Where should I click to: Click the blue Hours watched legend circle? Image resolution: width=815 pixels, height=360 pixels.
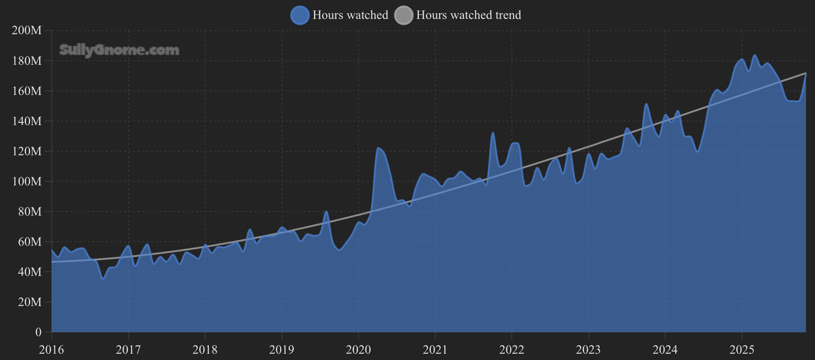[300, 15]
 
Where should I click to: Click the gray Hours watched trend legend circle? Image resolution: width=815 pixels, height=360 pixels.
[403, 15]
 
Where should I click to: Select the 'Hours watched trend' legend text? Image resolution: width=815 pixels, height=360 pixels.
[468, 15]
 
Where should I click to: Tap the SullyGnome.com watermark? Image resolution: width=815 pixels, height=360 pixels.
[119, 50]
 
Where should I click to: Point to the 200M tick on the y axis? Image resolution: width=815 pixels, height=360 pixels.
[27, 30]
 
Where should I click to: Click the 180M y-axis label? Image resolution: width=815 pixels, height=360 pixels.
[27, 60]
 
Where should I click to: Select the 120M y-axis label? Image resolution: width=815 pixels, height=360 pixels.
[27, 151]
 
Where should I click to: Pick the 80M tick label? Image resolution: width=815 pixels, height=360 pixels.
[29, 211]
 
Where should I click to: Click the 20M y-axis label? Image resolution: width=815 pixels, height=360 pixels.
[29, 302]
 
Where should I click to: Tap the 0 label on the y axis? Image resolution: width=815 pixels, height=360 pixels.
[38, 332]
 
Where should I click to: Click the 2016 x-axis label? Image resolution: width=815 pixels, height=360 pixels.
[51, 350]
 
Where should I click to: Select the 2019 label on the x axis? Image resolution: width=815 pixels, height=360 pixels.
[282, 350]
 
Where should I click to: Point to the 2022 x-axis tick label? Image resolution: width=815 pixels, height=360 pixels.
[511, 350]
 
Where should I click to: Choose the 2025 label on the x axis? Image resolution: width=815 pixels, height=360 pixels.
[742, 350]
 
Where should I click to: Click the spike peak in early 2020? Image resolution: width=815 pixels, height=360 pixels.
[378, 148]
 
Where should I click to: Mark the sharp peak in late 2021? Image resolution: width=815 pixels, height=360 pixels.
[493, 133]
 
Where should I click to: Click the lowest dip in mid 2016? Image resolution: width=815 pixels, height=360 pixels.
[103, 279]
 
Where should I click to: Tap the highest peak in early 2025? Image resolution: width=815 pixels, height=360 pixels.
[755, 56]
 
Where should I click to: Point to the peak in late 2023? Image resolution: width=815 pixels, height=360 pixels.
[646, 104]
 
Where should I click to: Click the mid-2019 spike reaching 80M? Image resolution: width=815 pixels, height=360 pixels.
[327, 211]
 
